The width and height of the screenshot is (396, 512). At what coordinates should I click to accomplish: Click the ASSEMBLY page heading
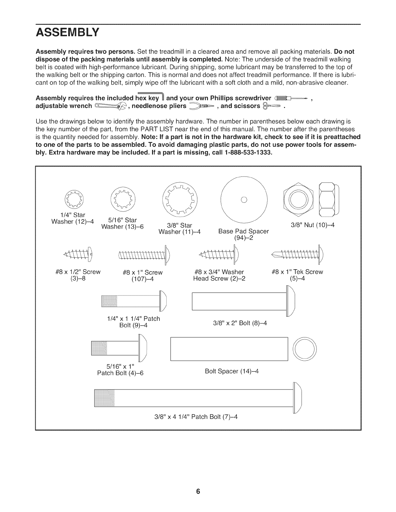(x=67, y=32)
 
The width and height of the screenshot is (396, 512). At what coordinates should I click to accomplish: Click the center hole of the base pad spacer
(x=244, y=199)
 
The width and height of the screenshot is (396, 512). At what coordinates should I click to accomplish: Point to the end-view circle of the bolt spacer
(x=305, y=349)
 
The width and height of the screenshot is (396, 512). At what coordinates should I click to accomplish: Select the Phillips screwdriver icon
(x=290, y=98)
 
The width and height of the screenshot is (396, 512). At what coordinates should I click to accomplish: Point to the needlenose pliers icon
(x=202, y=106)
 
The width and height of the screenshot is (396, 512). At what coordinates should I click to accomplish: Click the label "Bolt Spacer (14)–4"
(x=232, y=371)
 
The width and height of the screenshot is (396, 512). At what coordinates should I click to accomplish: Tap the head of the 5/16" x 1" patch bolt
(x=143, y=348)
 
